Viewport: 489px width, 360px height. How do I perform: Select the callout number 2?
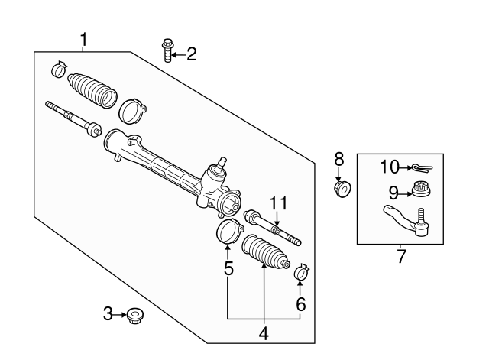pos(191,54)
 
